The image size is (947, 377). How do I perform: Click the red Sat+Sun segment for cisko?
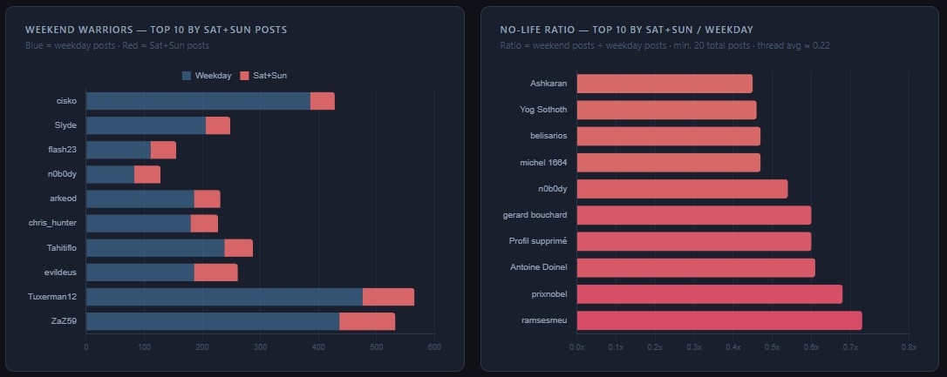coord(322,101)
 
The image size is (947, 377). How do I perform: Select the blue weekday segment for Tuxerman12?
coord(224,297)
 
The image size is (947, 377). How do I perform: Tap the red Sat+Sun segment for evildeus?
coord(215,273)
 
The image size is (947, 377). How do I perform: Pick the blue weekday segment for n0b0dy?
coord(110,174)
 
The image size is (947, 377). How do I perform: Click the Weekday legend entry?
coord(207,76)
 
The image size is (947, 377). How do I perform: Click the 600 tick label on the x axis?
coord(433,347)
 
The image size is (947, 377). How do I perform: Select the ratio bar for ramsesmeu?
coord(719,320)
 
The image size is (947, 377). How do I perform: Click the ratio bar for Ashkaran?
coord(664,84)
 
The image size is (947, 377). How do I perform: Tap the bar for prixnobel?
coord(710,294)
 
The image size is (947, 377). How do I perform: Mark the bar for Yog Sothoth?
coord(666,110)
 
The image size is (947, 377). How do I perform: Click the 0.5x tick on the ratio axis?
coord(773,347)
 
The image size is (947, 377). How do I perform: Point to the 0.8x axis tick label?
coord(909,347)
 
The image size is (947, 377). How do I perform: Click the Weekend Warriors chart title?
coord(156,30)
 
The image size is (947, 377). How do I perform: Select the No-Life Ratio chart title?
coord(626,30)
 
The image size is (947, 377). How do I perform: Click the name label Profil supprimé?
coord(537,240)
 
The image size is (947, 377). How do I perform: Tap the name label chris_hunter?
coord(52,223)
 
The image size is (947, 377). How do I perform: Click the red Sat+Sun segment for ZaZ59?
coord(367,321)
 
